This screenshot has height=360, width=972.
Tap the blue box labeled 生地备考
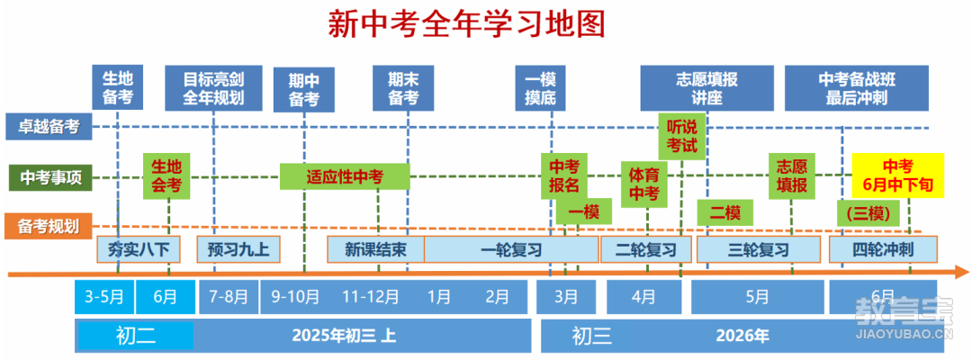pyautogui.click(x=118, y=87)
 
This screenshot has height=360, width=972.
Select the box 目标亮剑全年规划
pyautogui.click(x=212, y=87)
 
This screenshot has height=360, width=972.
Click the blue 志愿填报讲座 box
pyautogui.click(x=706, y=87)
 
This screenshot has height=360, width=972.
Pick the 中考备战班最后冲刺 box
pyautogui.click(x=856, y=87)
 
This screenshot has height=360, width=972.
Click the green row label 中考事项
pyautogui.click(x=50, y=177)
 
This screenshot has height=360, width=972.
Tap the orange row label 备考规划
pyautogui.click(x=49, y=225)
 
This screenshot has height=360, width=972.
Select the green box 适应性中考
pyautogui.click(x=345, y=176)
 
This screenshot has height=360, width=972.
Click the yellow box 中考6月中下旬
pyautogui.click(x=897, y=175)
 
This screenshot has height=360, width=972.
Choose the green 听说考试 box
pyautogui.click(x=682, y=134)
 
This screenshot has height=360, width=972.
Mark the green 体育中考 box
pyautogui.click(x=643, y=184)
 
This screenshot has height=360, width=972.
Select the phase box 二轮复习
pyautogui.click(x=645, y=249)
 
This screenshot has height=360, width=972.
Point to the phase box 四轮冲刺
pyautogui.click(x=883, y=249)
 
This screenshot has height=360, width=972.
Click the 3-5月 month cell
pyautogui.click(x=104, y=296)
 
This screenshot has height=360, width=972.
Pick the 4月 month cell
pyautogui.click(x=643, y=296)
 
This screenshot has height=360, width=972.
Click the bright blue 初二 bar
pyautogui.click(x=136, y=337)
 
